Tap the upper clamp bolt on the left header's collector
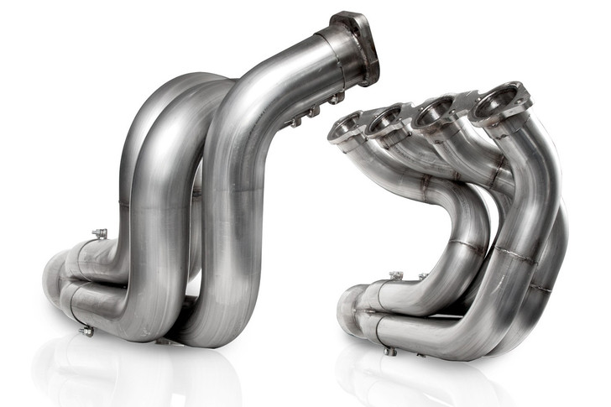pyautogui.click(x=99, y=234)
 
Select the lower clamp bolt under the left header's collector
pyautogui.click(x=86, y=331)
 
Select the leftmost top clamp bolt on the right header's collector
pyautogui.click(x=395, y=275)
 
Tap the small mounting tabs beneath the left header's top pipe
pyautogui.click(x=315, y=110)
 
